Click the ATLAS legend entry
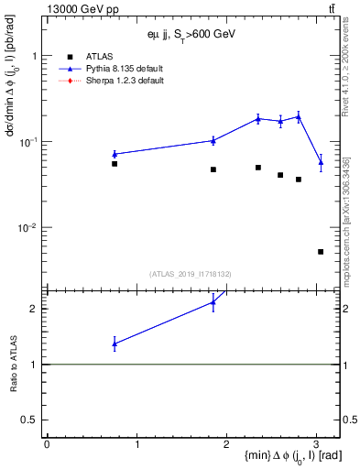click(x=98, y=56)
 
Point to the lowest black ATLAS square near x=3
click(x=321, y=251)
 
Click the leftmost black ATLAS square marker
click(x=115, y=164)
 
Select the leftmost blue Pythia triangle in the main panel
click(x=115, y=154)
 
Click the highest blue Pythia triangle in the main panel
click(x=299, y=116)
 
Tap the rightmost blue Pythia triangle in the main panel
click(x=321, y=162)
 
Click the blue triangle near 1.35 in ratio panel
click(x=115, y=344)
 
